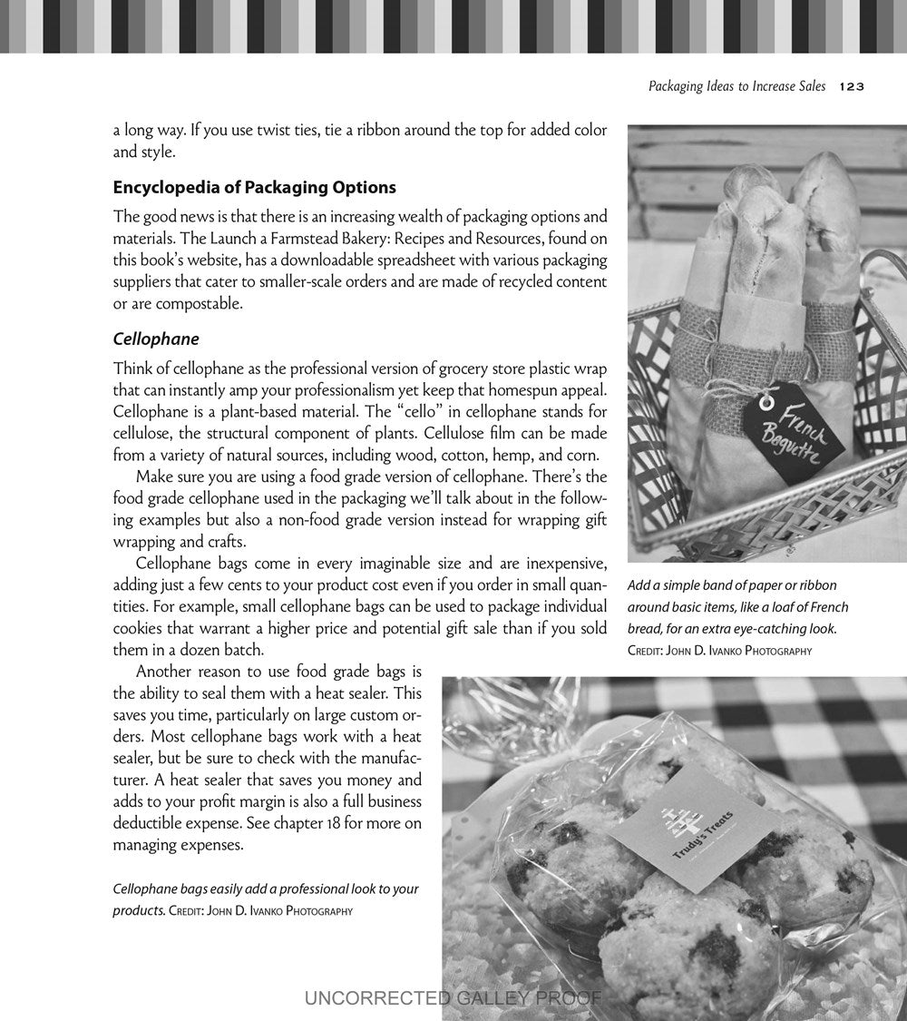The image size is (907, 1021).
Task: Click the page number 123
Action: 852,86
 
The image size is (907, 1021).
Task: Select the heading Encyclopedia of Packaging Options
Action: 254,188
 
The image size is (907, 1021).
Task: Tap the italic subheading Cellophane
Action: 156,339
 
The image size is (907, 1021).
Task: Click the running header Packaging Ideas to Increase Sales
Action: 736,86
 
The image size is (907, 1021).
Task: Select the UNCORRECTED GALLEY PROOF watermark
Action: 453,998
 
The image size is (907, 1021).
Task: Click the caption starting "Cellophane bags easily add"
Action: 265,888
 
